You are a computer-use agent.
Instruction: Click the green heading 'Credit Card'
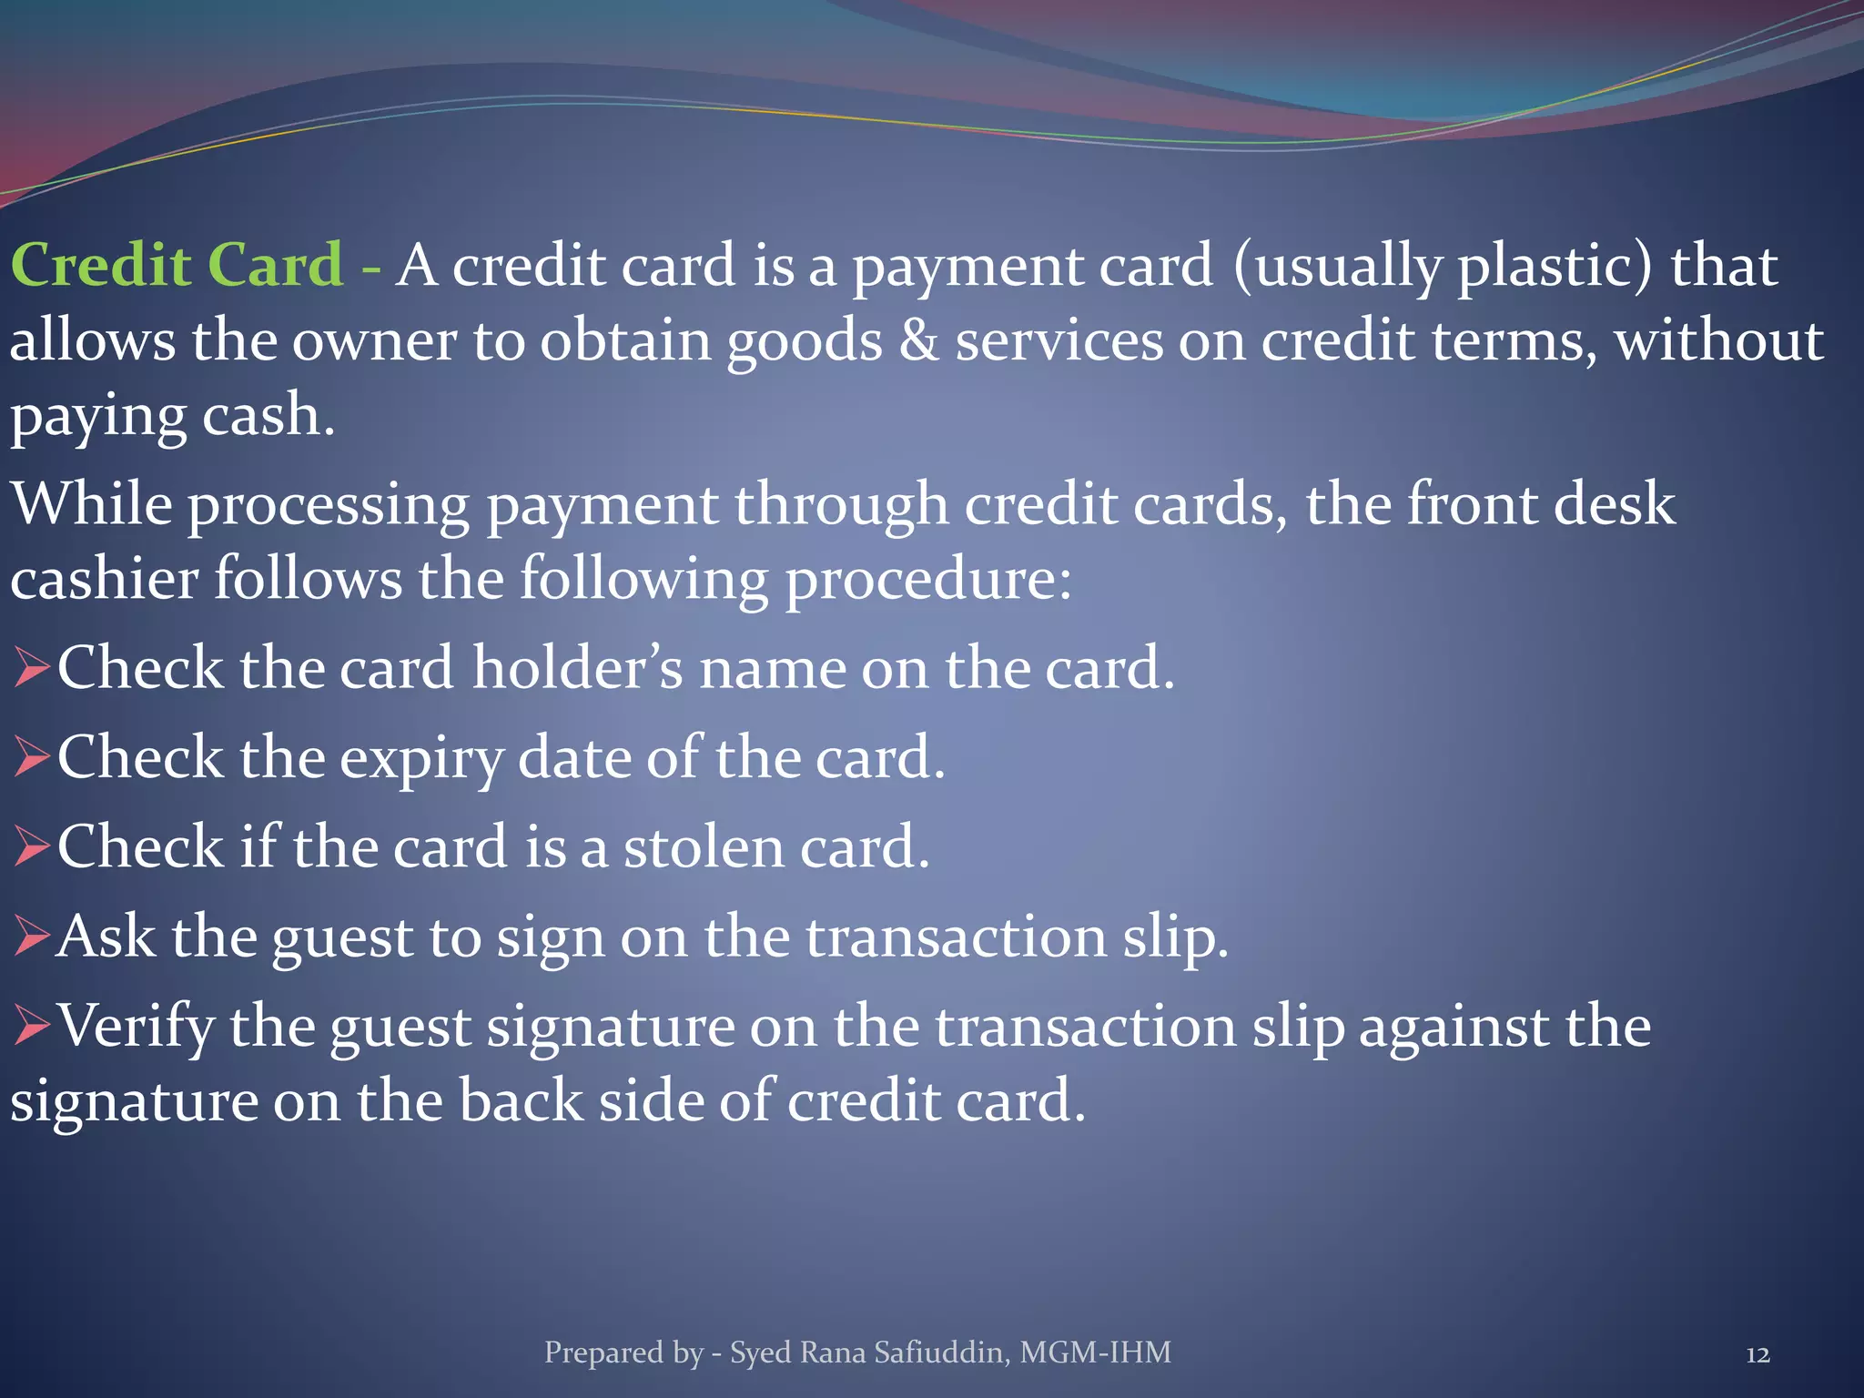(x=177, y=266)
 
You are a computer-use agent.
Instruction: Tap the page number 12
(x=1758, y=1355)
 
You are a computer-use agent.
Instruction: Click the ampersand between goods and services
(x=918, y=341)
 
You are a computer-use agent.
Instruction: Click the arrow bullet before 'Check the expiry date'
(x=32, y=758)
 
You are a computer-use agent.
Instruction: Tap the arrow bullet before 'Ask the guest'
(x=32, y=937)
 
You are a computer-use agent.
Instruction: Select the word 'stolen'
(x=703, y=847)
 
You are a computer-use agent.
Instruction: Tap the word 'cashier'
(x=104, y=580)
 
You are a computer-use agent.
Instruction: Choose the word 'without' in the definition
(x=1718, y=341)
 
